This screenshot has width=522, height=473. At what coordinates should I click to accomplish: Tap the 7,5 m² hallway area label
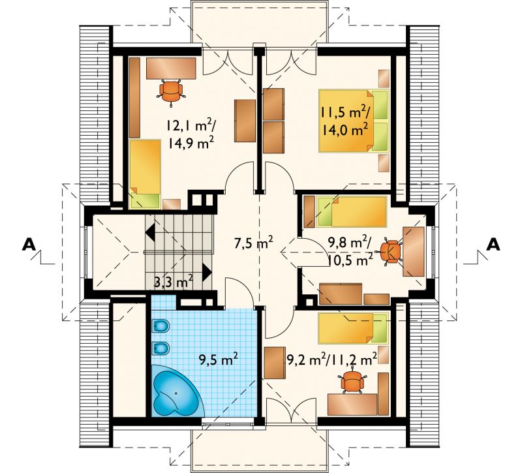click(254, 243)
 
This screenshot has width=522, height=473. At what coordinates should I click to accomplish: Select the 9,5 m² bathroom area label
click(218, 359)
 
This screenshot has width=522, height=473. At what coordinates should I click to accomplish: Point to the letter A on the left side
click(29, 245)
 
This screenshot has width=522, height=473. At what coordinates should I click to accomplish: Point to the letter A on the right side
click(493, 245)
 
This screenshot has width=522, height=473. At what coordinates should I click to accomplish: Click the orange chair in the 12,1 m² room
click(171, 91)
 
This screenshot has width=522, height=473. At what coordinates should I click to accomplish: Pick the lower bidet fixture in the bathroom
click(161, 349)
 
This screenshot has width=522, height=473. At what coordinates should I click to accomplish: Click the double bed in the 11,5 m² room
click(354, 121)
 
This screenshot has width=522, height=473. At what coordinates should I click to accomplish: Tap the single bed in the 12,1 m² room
click(145, 174)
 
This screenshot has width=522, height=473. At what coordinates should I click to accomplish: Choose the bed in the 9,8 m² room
click(352, 211)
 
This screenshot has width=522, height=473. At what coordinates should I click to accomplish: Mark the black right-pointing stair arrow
click(207, 272)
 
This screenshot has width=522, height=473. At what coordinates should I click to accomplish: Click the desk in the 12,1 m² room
click(171, 69)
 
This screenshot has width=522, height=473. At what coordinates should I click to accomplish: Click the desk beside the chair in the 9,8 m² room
click(414, 252)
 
